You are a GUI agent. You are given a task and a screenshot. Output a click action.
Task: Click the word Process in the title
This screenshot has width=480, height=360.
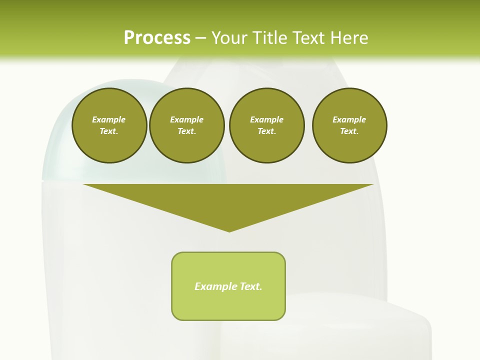(157, 38)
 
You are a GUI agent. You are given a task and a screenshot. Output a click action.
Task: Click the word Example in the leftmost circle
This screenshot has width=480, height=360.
(109, 119)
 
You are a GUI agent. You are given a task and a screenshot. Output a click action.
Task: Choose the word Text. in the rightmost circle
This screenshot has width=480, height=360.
(349, 131)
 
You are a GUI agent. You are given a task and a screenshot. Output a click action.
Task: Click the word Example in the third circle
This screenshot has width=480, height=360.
(266, 119)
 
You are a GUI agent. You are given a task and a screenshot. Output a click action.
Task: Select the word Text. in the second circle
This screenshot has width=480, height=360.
(186, 131)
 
